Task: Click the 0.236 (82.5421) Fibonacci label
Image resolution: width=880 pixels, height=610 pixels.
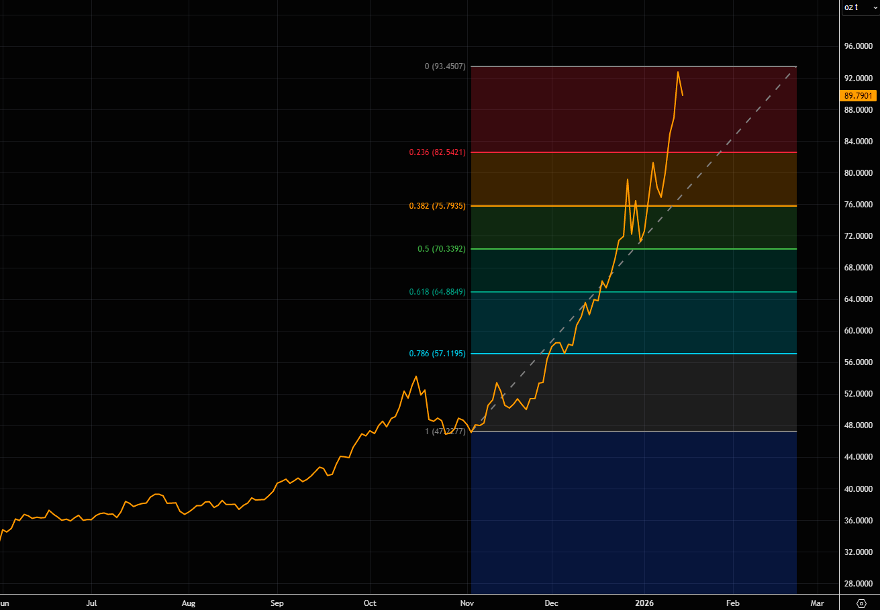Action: point(437,152)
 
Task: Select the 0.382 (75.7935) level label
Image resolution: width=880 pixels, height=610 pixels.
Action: point(437,206)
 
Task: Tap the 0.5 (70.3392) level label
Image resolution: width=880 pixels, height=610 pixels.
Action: point(441,249)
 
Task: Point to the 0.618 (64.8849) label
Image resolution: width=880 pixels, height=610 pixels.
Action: point(437,292)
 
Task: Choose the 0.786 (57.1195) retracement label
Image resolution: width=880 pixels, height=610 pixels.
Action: point(437,354)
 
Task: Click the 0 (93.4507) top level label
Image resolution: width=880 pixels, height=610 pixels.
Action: point(445,66)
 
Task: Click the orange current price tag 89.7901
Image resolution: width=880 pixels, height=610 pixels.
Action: point(860,96)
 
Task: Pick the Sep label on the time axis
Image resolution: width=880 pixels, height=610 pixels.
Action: point(278,603)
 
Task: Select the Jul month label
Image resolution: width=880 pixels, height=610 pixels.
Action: point(93,603)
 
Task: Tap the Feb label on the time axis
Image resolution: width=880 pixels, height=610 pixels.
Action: point(732,603)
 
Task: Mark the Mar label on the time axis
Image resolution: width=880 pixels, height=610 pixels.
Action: point(817,603)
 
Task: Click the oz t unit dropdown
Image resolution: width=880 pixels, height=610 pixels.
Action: point(860,7)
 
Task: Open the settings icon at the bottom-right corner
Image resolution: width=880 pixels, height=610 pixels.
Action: point(862,603)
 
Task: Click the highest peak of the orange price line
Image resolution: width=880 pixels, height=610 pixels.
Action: point(677,72)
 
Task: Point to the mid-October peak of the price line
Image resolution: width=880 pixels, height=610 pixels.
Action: point(416,376)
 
